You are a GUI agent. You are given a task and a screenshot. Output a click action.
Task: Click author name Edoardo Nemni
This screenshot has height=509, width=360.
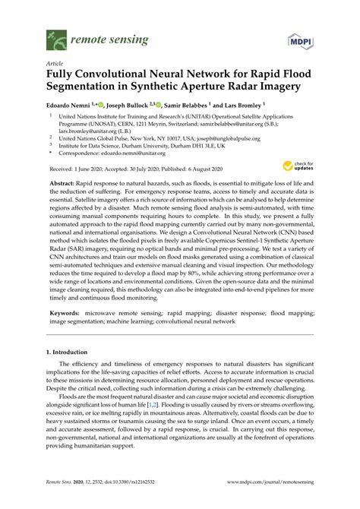pos(69,103)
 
